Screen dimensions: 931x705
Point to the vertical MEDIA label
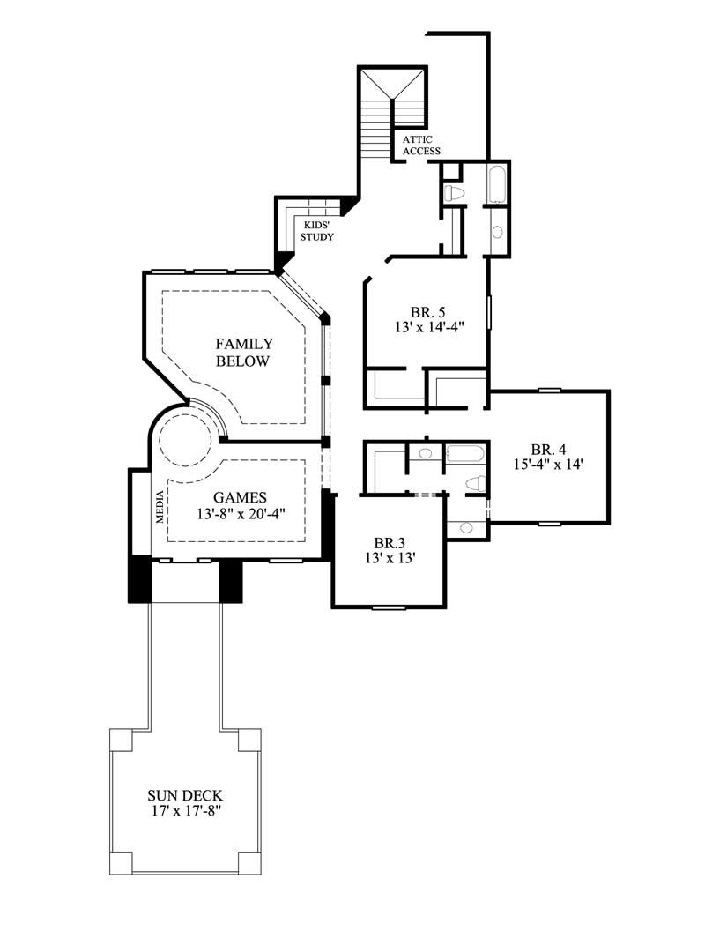160,508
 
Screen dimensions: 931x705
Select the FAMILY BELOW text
244,353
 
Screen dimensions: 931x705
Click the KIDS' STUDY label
316,231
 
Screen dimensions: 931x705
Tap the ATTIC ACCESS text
421,145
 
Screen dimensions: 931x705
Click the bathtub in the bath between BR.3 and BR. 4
464,455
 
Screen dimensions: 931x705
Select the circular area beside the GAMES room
187,437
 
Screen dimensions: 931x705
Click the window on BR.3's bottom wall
389,607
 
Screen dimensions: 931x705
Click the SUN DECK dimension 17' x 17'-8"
188,810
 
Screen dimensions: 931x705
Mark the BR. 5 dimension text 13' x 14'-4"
430,326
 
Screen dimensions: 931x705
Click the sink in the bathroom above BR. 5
497,232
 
